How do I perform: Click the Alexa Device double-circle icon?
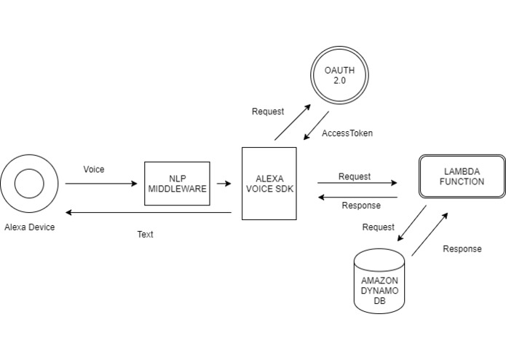[x=29, y=183]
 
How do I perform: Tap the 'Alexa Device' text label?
[x=29, y=227]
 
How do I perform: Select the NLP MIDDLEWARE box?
[x=177, y=184]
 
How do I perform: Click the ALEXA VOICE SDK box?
[x=269, y=183]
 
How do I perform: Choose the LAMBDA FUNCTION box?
[x=462, y=176]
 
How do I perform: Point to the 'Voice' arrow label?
[x=94, y=169]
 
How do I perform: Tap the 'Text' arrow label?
[x=146, y=235]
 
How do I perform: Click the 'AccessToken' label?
[x=347, y=133]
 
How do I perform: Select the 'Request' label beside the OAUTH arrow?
[x=268, y=111]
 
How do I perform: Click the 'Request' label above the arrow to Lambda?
[x=355, y=176]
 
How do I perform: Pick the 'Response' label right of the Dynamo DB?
[x=462, y=249]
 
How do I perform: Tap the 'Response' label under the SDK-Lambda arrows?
[x=361, y=205]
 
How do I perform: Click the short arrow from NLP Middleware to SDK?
[x=225, y=184]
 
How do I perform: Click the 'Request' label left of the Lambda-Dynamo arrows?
[x=379, y=227]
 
